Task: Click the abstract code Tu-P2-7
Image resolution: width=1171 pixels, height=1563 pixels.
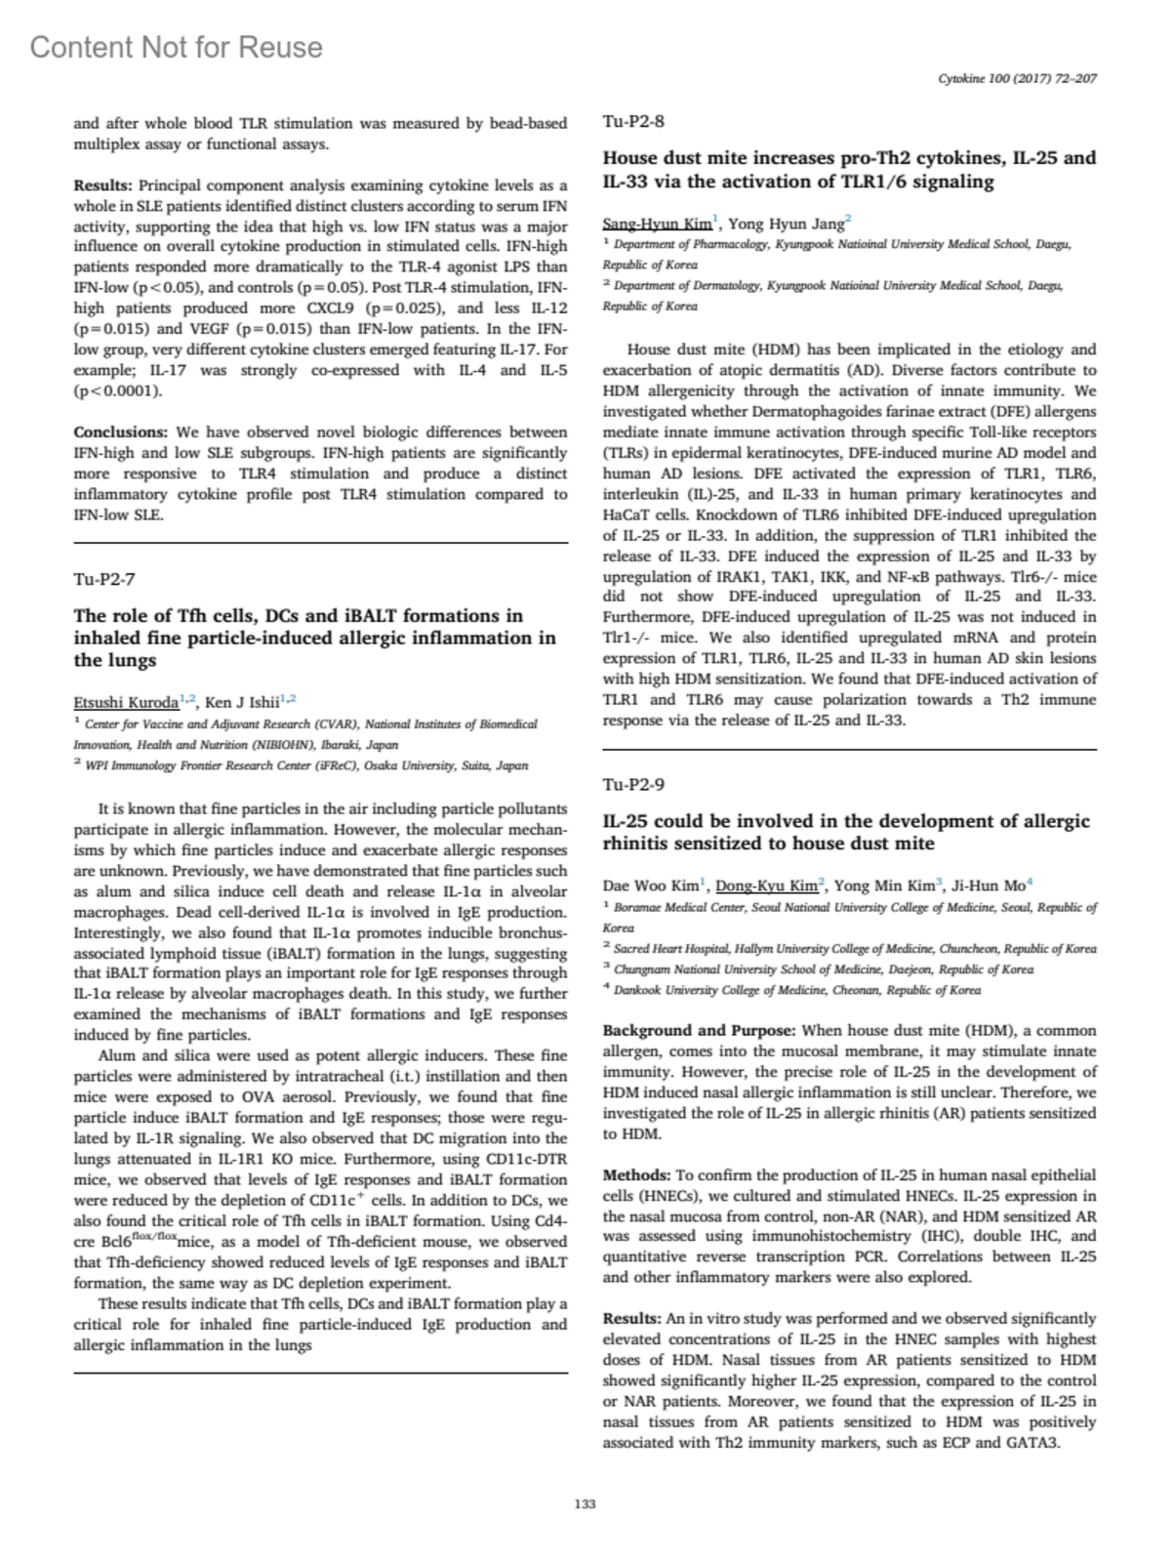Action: click(x=104, y=579)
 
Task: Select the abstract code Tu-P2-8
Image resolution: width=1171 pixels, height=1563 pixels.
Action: click(x=633, y=121)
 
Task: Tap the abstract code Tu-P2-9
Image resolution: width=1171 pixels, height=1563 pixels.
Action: click(x=633, y=784)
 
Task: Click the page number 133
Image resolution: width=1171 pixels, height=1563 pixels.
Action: click(x=585, y=1504)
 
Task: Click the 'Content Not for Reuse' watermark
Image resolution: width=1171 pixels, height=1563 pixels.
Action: click(x=176, y=47)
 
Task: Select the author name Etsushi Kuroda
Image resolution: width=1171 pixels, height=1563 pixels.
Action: click(x=126, y=703)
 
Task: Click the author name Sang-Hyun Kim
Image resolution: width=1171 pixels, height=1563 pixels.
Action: click(x=657, y=224)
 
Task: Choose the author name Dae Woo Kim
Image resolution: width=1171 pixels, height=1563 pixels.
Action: click(x=650, y=885)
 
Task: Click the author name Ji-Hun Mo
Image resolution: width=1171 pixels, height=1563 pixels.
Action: click(x=989, y=885)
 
